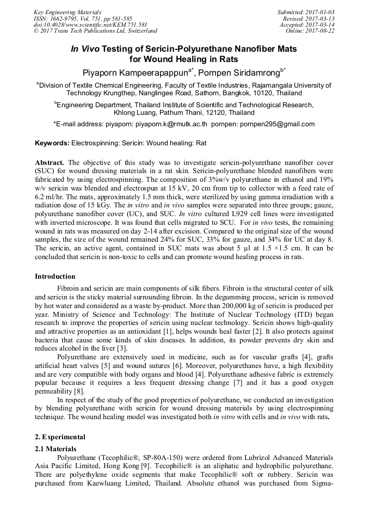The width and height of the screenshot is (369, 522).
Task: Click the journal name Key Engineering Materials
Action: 67,12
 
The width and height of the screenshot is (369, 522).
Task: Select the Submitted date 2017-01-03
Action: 318,12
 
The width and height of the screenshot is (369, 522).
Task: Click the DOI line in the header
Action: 90,24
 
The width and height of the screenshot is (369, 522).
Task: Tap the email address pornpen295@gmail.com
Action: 283,124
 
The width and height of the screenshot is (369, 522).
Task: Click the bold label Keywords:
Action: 52,143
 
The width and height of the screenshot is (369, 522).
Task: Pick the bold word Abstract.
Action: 50,162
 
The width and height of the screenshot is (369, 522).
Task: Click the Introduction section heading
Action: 55,276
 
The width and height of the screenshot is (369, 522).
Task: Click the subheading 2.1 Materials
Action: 54,448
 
